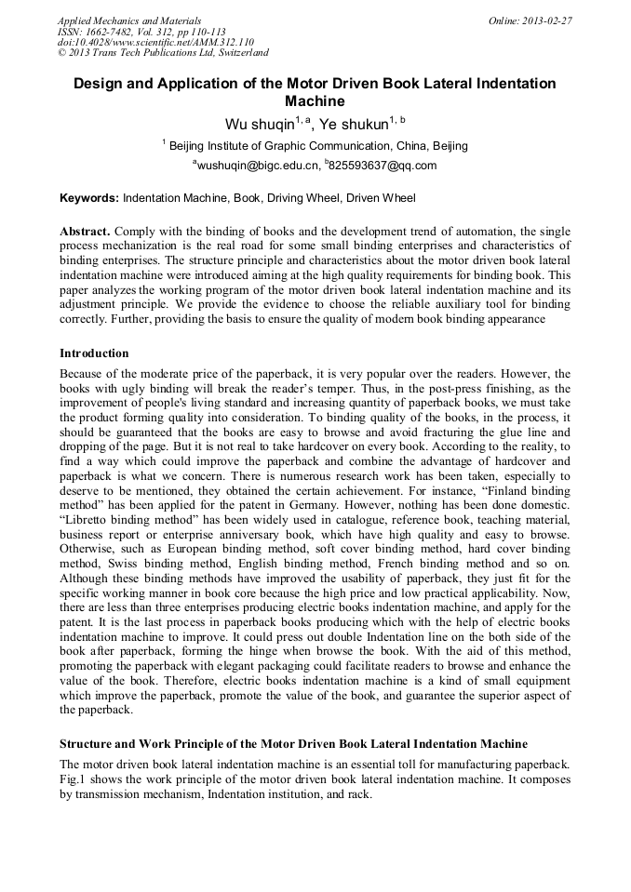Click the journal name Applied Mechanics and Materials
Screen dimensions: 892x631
click(x=128, y=20)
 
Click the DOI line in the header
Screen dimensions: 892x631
click(x=155, y=42)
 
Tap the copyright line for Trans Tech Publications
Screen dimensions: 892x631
click(x=163, y=53)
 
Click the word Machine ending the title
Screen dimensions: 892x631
click(x=315, y=101)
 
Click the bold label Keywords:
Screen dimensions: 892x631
click(x=89, y=198)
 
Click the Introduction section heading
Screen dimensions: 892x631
click(x=94, y=353)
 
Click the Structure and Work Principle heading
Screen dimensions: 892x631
click(x=293, y=744)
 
